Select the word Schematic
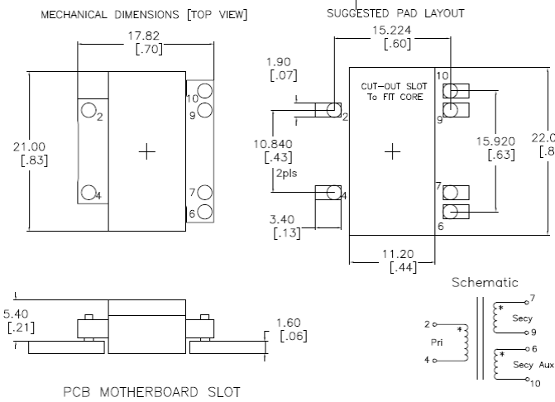(x=485, y=283)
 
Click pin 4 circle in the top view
(x=89, y=194)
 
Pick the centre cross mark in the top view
(x=147, y=152)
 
